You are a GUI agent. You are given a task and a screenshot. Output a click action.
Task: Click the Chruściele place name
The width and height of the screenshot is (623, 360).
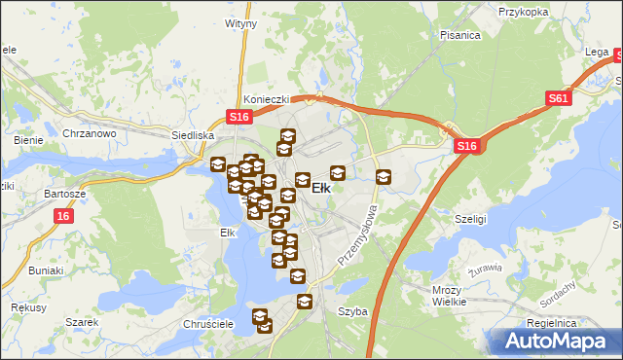point(204,323)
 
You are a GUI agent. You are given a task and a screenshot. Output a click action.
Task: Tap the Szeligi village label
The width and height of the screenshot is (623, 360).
point(471,219)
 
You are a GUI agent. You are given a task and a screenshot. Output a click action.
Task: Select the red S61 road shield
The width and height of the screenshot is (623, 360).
point(558,97)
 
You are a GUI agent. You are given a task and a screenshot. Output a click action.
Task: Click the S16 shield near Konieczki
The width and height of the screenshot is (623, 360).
point(240,117)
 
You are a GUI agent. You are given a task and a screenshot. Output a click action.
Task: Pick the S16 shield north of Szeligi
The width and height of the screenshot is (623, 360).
point(467,146)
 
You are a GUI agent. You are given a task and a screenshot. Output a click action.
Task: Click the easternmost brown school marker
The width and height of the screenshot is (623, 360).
point(384,177)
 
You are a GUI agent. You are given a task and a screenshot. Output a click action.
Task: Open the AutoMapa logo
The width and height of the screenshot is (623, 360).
point(559,341)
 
